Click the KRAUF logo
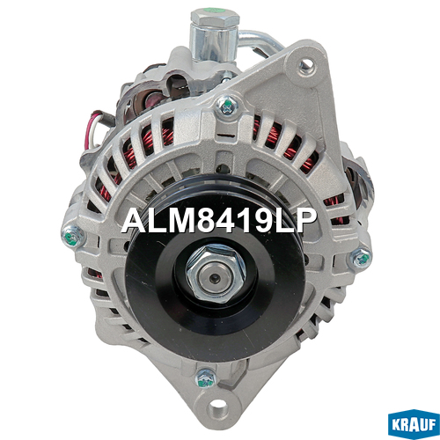pyautogui.click(x=414, y=423)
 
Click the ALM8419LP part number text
pyautogui.click(x=219, y=221)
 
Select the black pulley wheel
pyautogui.click(x=216, y=268)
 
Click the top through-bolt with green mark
pyautogui.click(x=226, y=106)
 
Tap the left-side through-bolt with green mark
pyautogui.click(x=72, y=236)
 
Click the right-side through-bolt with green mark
pyautogui.click(x=361, y=259)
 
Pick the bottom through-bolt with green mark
pyautogui.click(x=206, y=378)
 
